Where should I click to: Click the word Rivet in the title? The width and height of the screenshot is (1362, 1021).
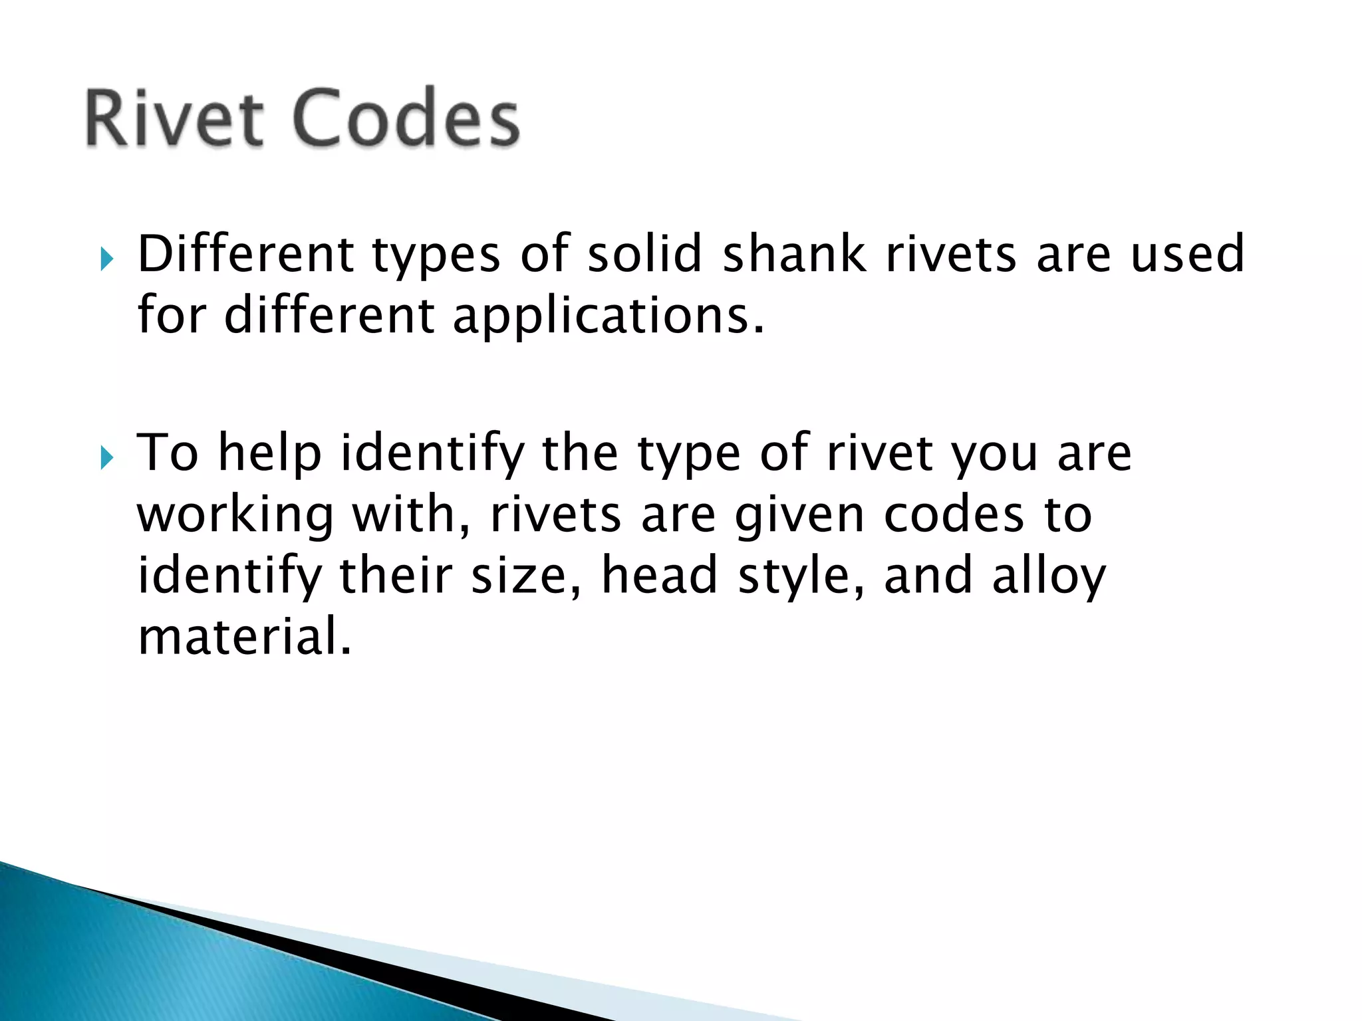point(174,118)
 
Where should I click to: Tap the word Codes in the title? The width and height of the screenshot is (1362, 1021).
point(405,118)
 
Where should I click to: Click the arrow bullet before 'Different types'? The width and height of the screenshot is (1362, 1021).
point(106,258)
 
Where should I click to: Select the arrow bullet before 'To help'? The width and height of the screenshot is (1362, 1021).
point(106,457)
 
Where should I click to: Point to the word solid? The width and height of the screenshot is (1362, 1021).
point(644,254)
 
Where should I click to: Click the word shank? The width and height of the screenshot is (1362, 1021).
point(794,254)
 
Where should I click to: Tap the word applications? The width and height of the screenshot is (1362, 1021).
point(608,316)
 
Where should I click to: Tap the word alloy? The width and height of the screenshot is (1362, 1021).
point(1049,577)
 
